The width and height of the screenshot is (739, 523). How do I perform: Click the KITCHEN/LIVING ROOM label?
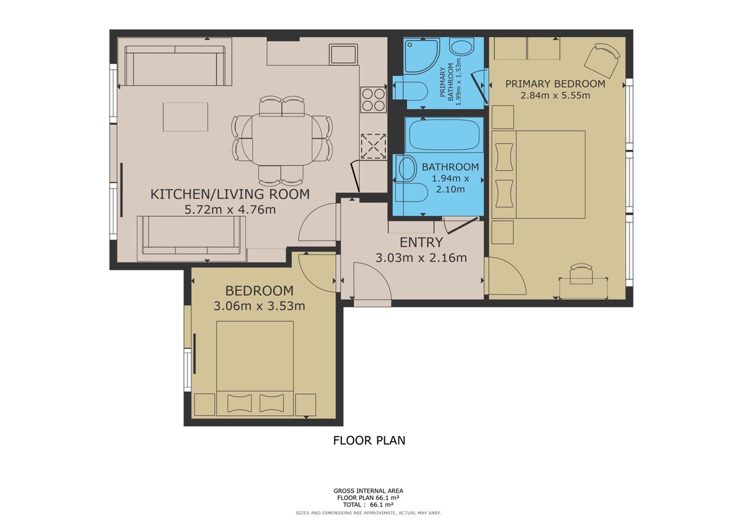[x=230, y=194]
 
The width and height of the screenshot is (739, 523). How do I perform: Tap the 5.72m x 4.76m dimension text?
[x=230, y=209]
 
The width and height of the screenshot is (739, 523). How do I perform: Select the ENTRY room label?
[x=421, y=243]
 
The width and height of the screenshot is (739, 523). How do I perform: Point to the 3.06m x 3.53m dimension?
[x=259, y=306]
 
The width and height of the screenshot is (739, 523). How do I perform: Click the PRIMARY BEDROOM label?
[x=555, y=84]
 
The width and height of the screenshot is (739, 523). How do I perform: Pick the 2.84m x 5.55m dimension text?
[x=555, y=95]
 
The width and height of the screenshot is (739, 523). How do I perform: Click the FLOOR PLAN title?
[x=369, y=440]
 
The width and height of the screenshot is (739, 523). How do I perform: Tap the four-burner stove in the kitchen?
[x=373, y=100]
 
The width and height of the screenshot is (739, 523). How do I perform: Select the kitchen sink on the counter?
[x=343, y=54]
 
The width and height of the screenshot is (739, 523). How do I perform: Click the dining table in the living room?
[x=282, y=139]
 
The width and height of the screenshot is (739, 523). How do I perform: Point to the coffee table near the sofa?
[x=185, y=116]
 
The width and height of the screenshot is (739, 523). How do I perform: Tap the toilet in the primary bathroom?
[x=410, y=91]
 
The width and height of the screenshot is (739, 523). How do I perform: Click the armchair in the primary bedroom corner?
[x=602, y=60]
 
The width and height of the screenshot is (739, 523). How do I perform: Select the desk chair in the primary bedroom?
[x=581, y=274]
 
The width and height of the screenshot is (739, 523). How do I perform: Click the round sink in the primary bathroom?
[x=462, y=47]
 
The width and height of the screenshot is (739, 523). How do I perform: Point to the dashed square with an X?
[x=373, y=146]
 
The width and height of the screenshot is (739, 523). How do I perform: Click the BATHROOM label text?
[x=450, y=167]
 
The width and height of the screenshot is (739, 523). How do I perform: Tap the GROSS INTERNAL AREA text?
[x=368, y=491]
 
